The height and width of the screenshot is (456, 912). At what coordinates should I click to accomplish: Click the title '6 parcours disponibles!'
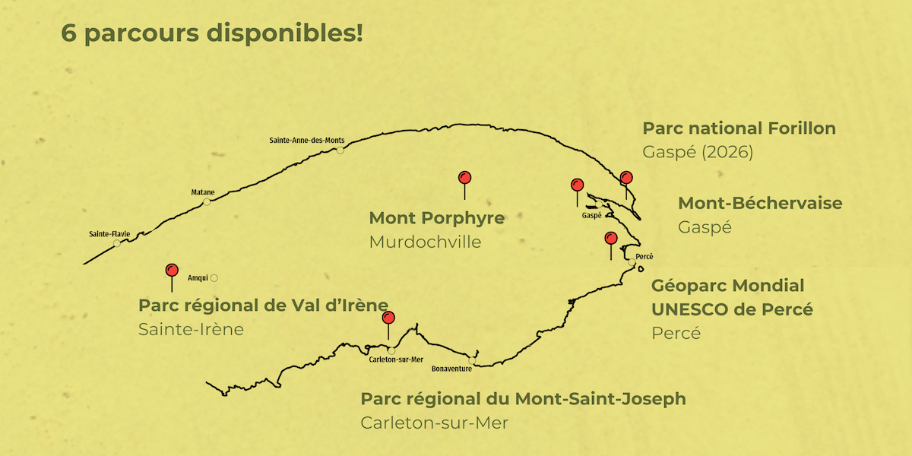tap(212, 34)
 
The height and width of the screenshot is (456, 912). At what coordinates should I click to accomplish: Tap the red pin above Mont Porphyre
tap(465, 178)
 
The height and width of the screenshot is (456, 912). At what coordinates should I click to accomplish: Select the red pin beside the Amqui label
tap(172, 270)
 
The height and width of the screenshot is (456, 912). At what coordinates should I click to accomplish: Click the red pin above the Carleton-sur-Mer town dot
tap(388, 317)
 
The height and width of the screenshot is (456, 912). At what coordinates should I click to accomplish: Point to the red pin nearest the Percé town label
tap(610, 238)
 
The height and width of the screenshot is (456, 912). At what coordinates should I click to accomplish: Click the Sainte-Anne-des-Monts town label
tap(307, 141)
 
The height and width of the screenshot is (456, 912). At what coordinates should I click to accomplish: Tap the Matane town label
tap(203, 192)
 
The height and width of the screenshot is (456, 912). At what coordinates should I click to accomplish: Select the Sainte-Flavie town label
tap(109, 233)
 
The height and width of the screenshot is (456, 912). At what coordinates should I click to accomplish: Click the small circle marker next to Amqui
tap(214, 278)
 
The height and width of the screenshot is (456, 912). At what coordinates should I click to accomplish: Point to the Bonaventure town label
tap(451, 369)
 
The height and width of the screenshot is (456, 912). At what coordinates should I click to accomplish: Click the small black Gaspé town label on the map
tap(591, 216)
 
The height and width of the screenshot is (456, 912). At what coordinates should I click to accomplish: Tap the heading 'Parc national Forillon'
tap(739, 128)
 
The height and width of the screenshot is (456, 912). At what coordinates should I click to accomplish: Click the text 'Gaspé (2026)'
tap(698, 152)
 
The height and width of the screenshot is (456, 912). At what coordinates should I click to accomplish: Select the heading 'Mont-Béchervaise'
tap(760, 203)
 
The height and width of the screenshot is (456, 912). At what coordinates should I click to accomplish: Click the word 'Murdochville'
tap(425, 242)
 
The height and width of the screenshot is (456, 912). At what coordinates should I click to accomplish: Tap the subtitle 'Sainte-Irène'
tap(191, 329)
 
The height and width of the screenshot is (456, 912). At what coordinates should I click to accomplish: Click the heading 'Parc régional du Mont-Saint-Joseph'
tap(523, 399)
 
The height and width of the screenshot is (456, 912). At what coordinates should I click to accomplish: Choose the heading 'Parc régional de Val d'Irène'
tap(263, 306)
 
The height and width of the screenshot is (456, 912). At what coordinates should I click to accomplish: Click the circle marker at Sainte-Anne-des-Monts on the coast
tap(340, 150)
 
